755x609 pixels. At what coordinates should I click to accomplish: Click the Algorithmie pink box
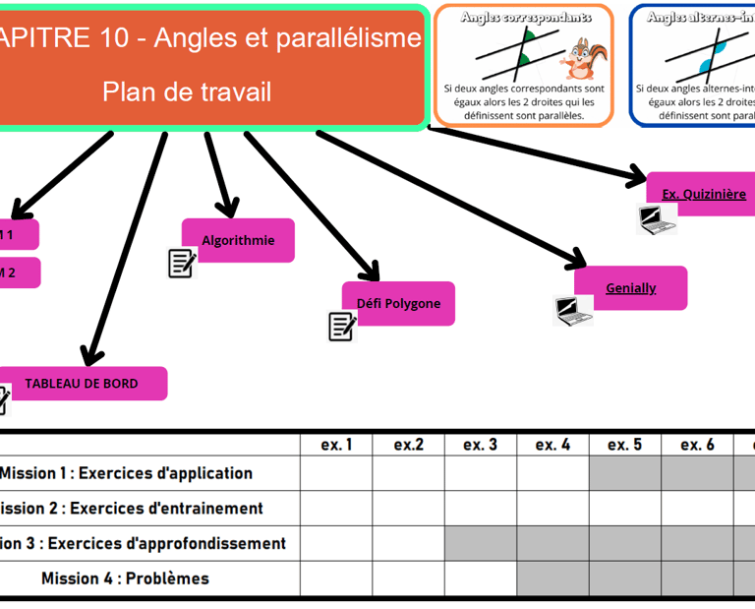coord(238,240)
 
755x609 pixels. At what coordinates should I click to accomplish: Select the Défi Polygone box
coord(398,303)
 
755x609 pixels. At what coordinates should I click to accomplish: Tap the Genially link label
coord(630,287)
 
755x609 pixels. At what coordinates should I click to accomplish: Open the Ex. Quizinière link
coord(703,194)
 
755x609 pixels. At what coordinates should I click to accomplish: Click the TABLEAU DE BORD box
coord(82,384)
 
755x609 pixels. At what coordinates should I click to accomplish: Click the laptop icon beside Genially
coord(573,311)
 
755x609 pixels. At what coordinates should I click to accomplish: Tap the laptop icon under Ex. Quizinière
coord(656,218)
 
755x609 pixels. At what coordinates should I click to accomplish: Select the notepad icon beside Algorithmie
coord(182,263)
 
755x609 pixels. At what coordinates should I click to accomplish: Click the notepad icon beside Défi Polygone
coord(341,326)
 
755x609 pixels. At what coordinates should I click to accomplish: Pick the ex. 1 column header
coord(336,445)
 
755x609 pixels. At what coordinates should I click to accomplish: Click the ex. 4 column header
coord(552,445)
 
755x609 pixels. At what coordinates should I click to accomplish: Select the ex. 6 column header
coord(697,445)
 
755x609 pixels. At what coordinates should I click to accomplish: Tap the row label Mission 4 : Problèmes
coord(125,579)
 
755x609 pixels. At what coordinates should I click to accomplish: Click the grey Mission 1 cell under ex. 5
coord(624,473)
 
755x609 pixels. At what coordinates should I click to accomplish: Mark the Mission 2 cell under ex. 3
coord(481,509)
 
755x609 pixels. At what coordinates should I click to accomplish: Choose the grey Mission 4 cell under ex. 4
coord(552,579)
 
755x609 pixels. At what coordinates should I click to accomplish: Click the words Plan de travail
coord(187,91)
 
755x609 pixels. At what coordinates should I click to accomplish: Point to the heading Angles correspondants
coord(526,17)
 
